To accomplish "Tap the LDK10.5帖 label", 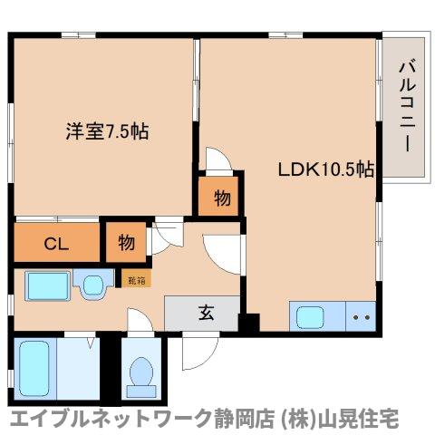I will coord(326,169).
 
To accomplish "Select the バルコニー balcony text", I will coord(404,107).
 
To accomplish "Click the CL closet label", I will coord(54,243).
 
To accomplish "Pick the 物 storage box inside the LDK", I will coord(220,196).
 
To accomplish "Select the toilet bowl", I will coord(141,373).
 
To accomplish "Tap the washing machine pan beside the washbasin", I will coord(94,287).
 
